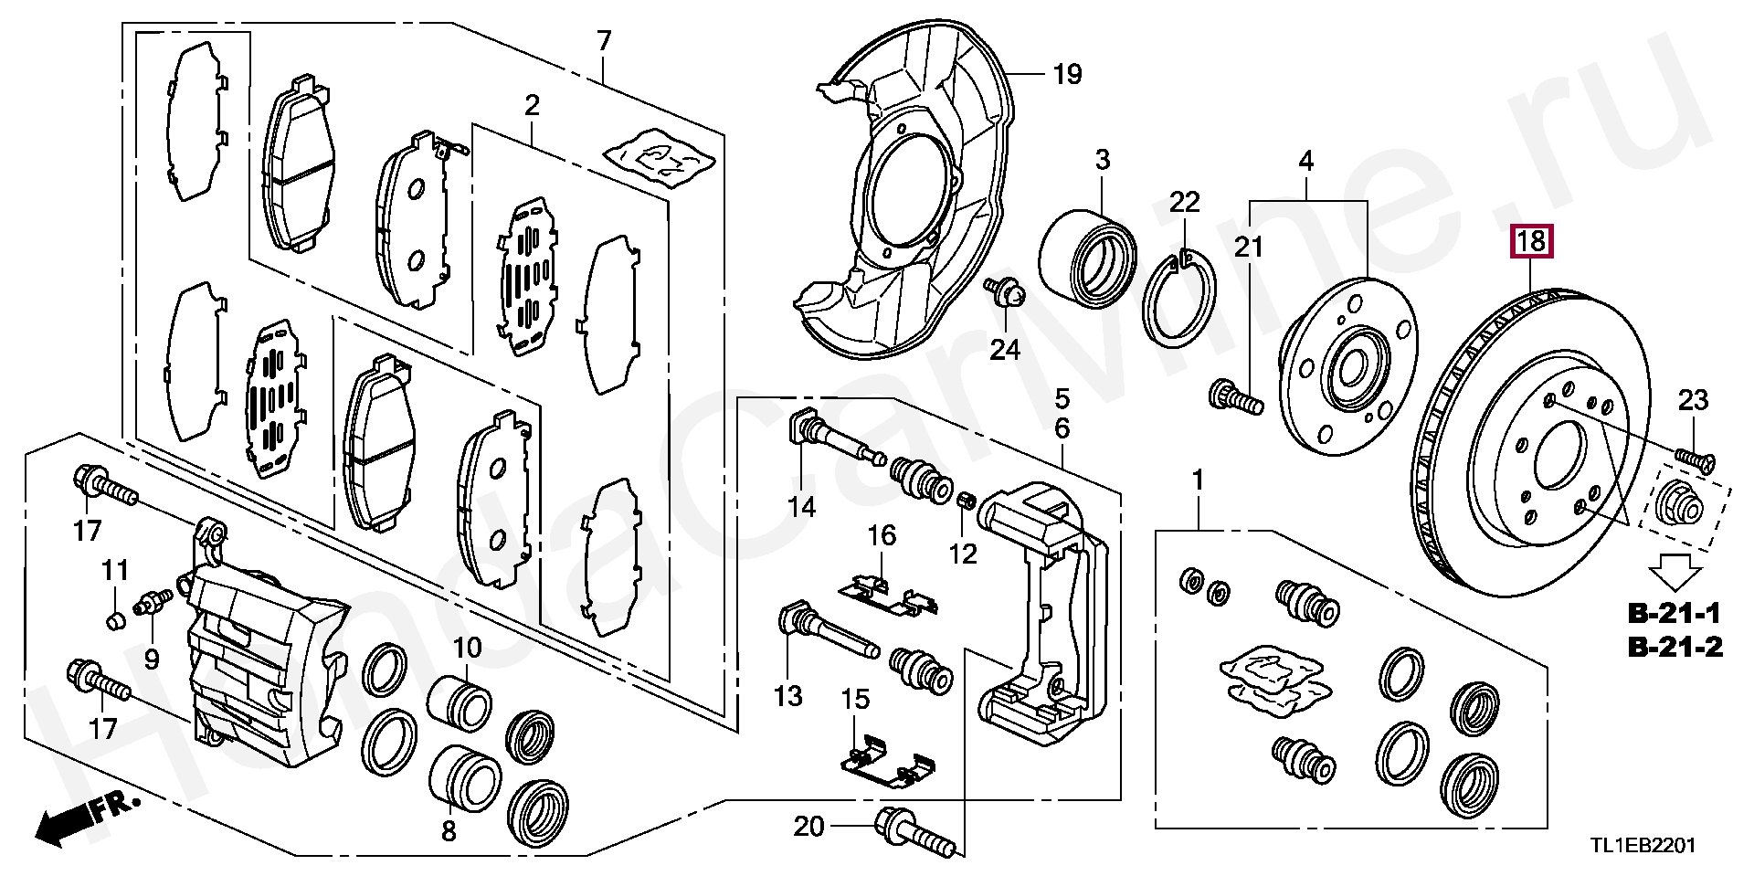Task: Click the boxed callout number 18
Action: [x=1531, y=241]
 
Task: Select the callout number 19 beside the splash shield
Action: [x=1067, y=74]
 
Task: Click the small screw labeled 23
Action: [x=1696, y=459]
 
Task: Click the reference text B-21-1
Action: [x=1675, y=613]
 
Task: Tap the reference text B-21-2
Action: [x=1675, y=648]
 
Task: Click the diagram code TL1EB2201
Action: [x=1643, y=846]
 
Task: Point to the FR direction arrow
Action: [x=86, y=817]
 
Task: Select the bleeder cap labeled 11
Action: [x=115, y=621]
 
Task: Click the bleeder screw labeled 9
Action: [x=152, y=603]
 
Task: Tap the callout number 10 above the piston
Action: [x=467, y=649]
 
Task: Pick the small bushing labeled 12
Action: [x=967, y=501]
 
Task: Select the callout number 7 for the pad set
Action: [x=604, y=41]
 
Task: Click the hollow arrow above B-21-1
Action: [x=1675, y=573]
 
